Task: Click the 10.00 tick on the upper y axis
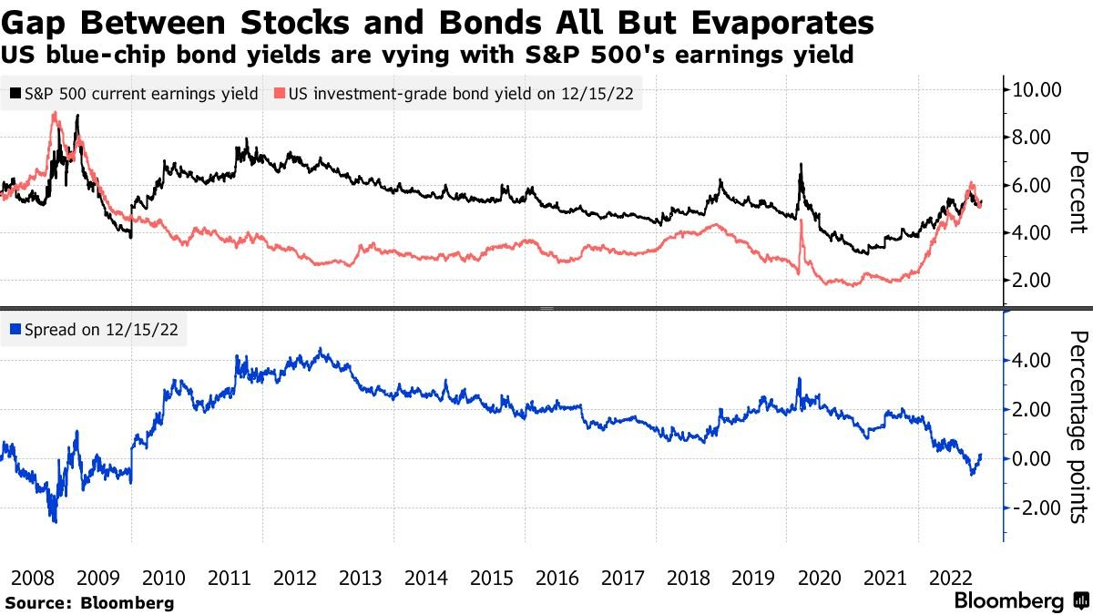coord(1038,89)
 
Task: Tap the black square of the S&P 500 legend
coord(15,93)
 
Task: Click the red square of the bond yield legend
coord(281,93)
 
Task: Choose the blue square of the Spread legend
coord(15,331)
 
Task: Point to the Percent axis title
coord(1078,192)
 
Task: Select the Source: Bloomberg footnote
coord(89,602)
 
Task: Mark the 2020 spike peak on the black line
coord(801,165)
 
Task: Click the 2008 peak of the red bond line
coord(56,113)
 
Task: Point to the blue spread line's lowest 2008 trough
coord(55,521)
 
